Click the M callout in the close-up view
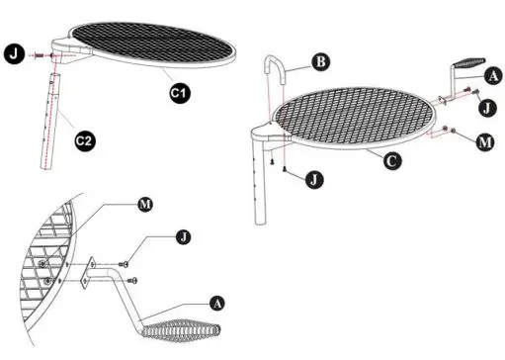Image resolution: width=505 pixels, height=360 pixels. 146,205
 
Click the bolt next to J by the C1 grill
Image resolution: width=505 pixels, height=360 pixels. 41,55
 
